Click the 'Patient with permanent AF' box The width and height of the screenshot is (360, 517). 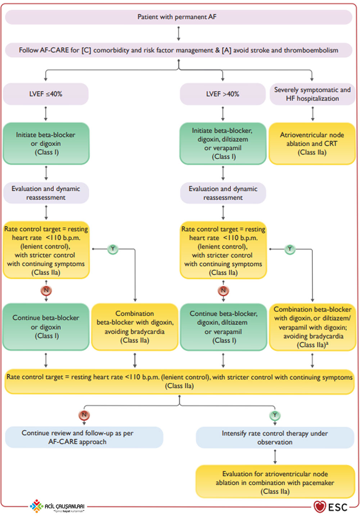coord(179,17)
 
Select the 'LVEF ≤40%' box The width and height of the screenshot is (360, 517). coord(46,94)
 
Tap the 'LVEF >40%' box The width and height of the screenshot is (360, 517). coord(223,94)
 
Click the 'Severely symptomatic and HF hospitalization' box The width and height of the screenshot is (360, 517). coord(312,94)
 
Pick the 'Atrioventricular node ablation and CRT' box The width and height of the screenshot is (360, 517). coord(312,144)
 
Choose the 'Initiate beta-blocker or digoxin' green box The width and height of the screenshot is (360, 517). coord(46,144)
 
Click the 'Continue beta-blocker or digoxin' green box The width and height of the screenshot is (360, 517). coord(46,327)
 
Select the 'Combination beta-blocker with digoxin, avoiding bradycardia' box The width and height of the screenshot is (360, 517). coord(135,327)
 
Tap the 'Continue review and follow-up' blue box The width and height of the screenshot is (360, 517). coord(84,437)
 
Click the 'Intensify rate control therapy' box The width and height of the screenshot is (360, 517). coord(275,437)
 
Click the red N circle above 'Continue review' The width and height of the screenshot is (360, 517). coord(84,415)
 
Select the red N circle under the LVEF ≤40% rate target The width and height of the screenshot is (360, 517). coord(46,290)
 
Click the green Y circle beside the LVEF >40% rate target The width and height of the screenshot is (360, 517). coord(290,249)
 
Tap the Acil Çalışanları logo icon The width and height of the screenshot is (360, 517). coord(36,506)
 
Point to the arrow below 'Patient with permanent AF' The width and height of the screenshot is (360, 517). coord(179,34)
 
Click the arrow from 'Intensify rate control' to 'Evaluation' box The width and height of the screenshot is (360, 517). coord(275,457)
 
